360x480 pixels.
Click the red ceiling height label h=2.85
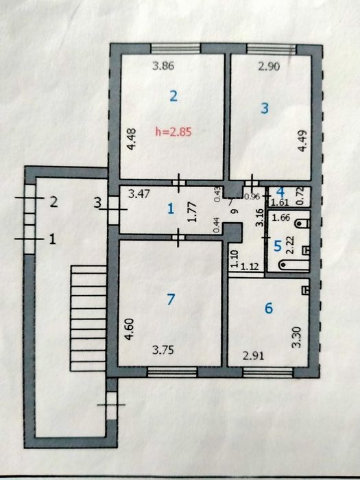173,132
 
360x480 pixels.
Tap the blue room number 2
173,97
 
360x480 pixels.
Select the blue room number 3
265,108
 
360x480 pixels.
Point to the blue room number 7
171,299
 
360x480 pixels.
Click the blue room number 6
269,308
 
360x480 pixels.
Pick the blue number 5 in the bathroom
278,245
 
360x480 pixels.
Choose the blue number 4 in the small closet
280,192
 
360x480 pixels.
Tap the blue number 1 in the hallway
171,209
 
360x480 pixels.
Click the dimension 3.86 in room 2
163,66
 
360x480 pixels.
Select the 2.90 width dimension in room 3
269,66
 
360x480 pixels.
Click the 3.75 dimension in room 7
163,350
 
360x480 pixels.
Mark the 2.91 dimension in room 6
253,356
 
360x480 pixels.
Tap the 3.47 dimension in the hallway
139,194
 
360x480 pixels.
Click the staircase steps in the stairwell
88,318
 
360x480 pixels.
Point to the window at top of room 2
176,49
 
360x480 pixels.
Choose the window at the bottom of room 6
268,372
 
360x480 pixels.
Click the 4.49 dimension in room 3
302,141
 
